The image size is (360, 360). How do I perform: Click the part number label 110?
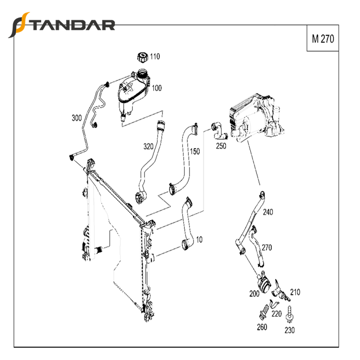[x=155, y=57]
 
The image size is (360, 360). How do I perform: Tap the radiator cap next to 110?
[x=142, y=57]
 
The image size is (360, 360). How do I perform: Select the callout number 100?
[x=157, y=88]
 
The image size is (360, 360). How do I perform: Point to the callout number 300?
[x=77, y=118]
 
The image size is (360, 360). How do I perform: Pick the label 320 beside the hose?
[x=148, y=147]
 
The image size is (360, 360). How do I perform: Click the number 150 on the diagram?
[x=194, y=152]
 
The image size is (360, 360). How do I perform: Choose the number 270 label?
[x=267, y=247]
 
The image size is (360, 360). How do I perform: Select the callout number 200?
[x=254, y=293]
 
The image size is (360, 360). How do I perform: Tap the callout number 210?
[x=295, y=292]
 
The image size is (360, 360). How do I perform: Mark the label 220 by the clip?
[x=276, y=314]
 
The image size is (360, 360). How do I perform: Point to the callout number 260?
[x=262, y=327]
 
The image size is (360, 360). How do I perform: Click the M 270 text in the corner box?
[x=323, y=39]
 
